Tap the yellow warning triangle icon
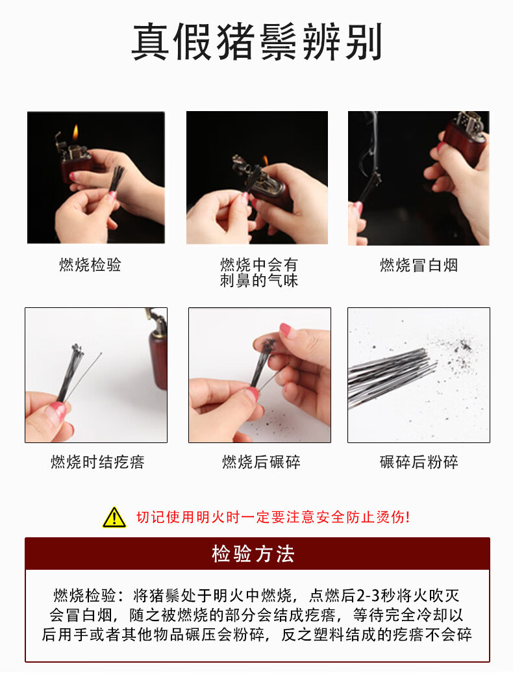tap(114, 517)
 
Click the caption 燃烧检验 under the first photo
tap(90, 265)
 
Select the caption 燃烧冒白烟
tap(419, 265)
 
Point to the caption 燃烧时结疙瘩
tap(97, 462)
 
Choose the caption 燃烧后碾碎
tap(261, 462)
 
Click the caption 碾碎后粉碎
tap(419, 462)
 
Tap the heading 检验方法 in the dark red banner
tap(253, 554)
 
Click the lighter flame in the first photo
tap(75, 132)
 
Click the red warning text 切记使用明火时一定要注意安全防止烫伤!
tap(273, 517)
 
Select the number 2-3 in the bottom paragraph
tap(368, 596)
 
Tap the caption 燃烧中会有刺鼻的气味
tap(258, 272)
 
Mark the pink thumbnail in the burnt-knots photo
tap(58, 411)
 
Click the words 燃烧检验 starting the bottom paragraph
tap(84, 596)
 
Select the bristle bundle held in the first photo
tap(116, 180)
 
